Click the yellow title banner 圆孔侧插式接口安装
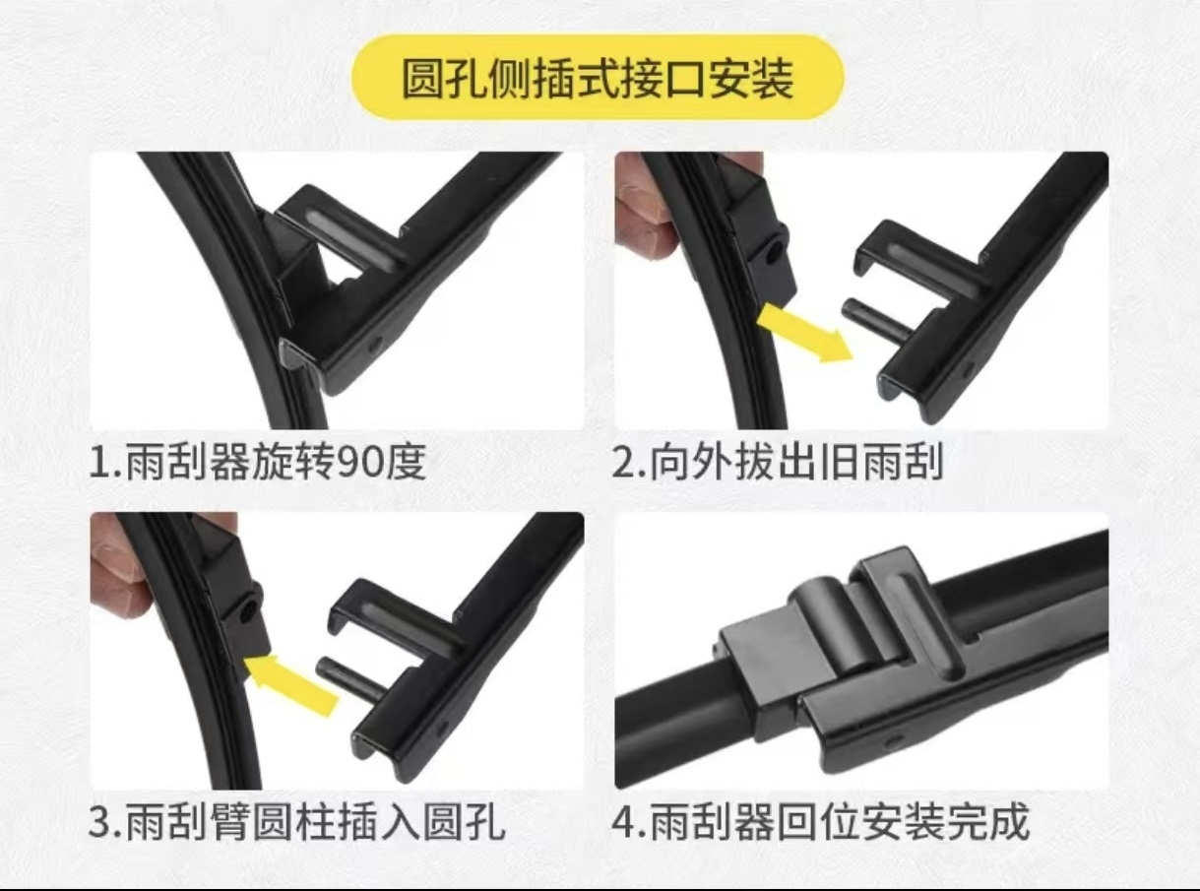click(x=599, y=78)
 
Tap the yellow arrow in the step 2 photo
click(x=805, y=333)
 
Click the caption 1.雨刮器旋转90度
click(x=258, y=461)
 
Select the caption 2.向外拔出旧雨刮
click(x=778, y=461)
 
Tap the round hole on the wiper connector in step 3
click(x=243, y=612)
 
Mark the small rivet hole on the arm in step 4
click(x=890, y=737)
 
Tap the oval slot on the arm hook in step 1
click(x=335, y=222)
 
